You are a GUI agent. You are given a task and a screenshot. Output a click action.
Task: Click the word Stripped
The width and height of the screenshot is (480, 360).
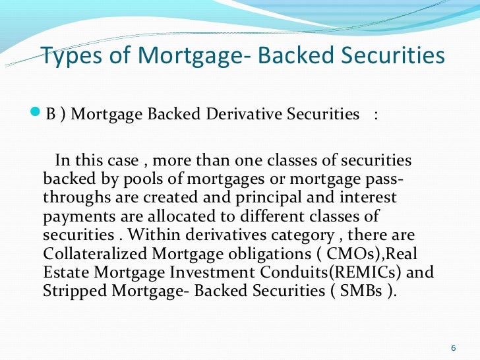(x=73, y=291)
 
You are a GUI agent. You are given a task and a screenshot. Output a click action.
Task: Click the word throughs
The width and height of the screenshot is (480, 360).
(x=73, y=198)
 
